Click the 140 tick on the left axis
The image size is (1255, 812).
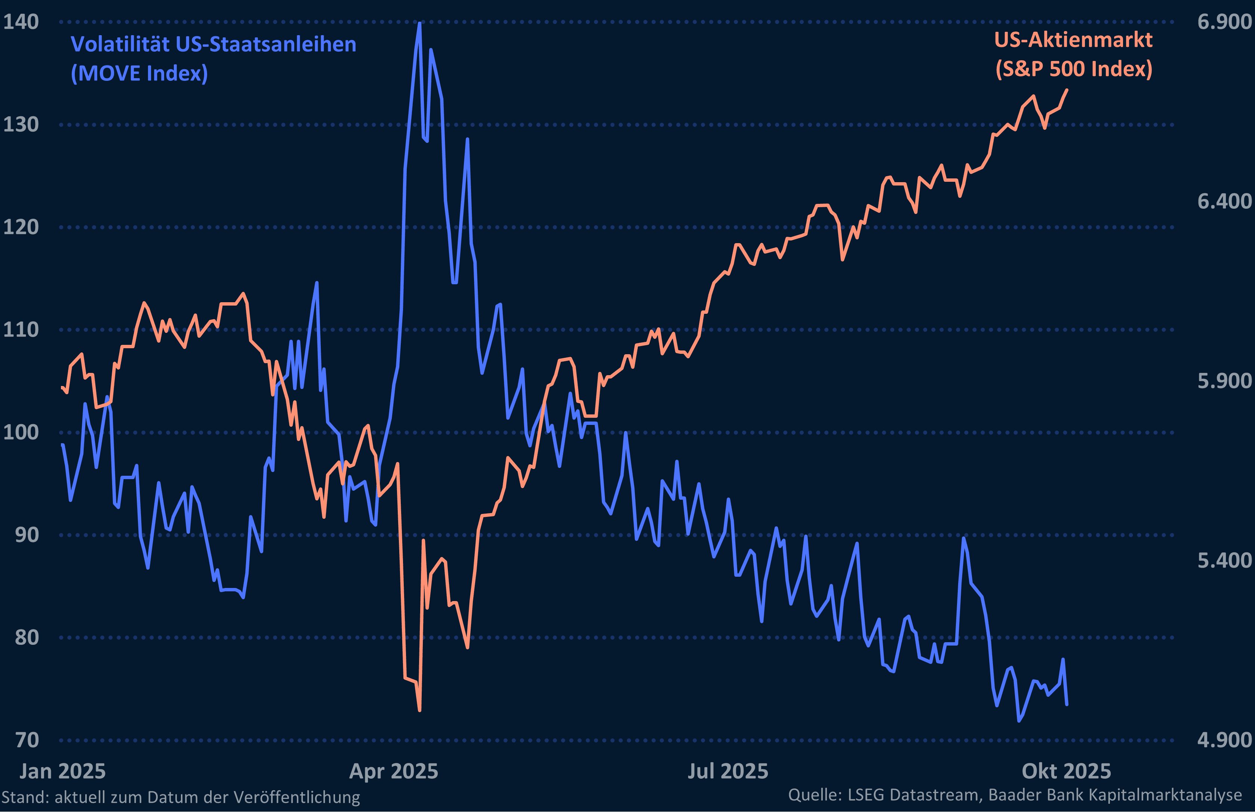(x=21, y=22)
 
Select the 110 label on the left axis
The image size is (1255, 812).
(x=21, y=330)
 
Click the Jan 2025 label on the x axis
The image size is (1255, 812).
(x=63, y=771)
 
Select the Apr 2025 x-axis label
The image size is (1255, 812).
(x=394, y=771)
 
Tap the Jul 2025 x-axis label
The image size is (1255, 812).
(x=728, y=771)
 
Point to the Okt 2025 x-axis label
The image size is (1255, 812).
(x=1066, y=771)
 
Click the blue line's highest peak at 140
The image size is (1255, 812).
(x=419, y=23)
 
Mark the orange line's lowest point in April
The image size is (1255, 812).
(x=419, y=710)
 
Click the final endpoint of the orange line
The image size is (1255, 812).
(x=1067, y=90)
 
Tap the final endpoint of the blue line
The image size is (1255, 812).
(x=1067, y=704)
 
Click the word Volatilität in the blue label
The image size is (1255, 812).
(x=120, y=44)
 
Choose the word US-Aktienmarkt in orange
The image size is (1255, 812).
(x=1073, y=40)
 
